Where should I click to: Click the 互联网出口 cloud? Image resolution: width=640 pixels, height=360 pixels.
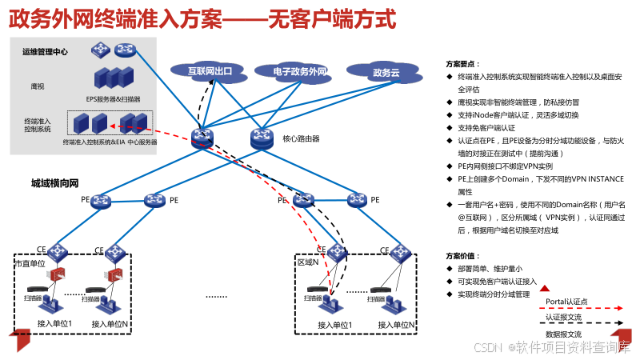pos(210,71)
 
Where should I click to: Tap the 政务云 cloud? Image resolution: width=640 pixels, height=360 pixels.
pos(386,73)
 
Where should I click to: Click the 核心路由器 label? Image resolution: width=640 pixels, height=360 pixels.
pos(301,138)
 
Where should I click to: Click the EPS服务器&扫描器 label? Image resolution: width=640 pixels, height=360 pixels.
pos(113,99)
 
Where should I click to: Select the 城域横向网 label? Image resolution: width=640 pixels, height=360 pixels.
pos(54,183)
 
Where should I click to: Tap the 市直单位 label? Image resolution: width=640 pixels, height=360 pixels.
pos(31,263)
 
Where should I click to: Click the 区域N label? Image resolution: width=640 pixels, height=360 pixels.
pos(308,262)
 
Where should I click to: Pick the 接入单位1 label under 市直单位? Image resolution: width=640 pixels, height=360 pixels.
pos(54,324)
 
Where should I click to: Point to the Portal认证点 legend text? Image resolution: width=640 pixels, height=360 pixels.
pos(566,301)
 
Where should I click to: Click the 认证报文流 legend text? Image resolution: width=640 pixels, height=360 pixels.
pos(563,318)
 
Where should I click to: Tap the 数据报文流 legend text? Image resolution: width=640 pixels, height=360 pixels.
pos(563,334)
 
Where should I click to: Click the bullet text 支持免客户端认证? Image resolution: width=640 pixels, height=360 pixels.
pos(486,127)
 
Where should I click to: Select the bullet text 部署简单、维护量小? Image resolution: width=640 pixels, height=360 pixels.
pos(490,269)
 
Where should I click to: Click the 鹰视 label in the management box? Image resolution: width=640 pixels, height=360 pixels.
pos(37,84)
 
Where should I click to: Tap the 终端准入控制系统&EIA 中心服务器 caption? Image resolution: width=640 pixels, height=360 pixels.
pos(109,142)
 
